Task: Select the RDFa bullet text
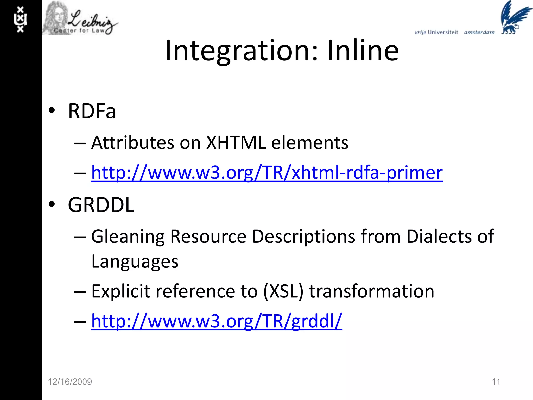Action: [92, 111]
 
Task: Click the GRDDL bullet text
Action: [101, 205]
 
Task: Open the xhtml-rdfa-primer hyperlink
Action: [267, 172]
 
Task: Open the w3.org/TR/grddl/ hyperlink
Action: [217, 321]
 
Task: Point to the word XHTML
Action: [236, 143]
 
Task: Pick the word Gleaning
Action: [128, 237]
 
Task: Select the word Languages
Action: [135, 262]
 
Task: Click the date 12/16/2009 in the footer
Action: [70, 382]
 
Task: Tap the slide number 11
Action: [496, 382]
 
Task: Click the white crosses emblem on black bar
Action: [20, 20]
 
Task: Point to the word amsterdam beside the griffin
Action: [479, 32]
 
